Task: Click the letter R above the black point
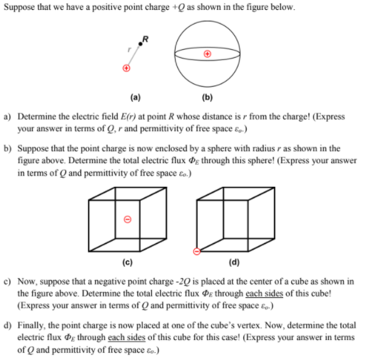[146, 36]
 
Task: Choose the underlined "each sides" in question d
[124, 339]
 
